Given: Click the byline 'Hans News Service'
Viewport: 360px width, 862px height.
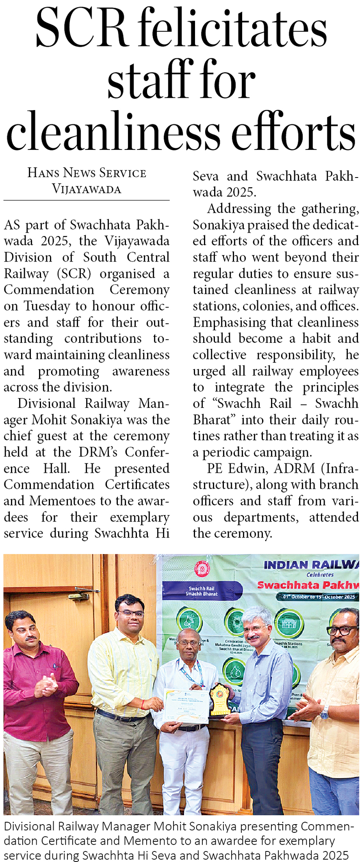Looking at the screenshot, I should coord(87,173).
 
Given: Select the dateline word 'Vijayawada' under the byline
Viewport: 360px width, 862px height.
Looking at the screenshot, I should coord(87,189).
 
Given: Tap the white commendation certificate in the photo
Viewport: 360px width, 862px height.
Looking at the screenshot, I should coord(186,706).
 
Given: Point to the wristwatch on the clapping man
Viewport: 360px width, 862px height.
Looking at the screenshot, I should coord(324,713).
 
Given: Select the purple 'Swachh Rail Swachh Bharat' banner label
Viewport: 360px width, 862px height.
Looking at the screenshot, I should coord(202,591).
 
